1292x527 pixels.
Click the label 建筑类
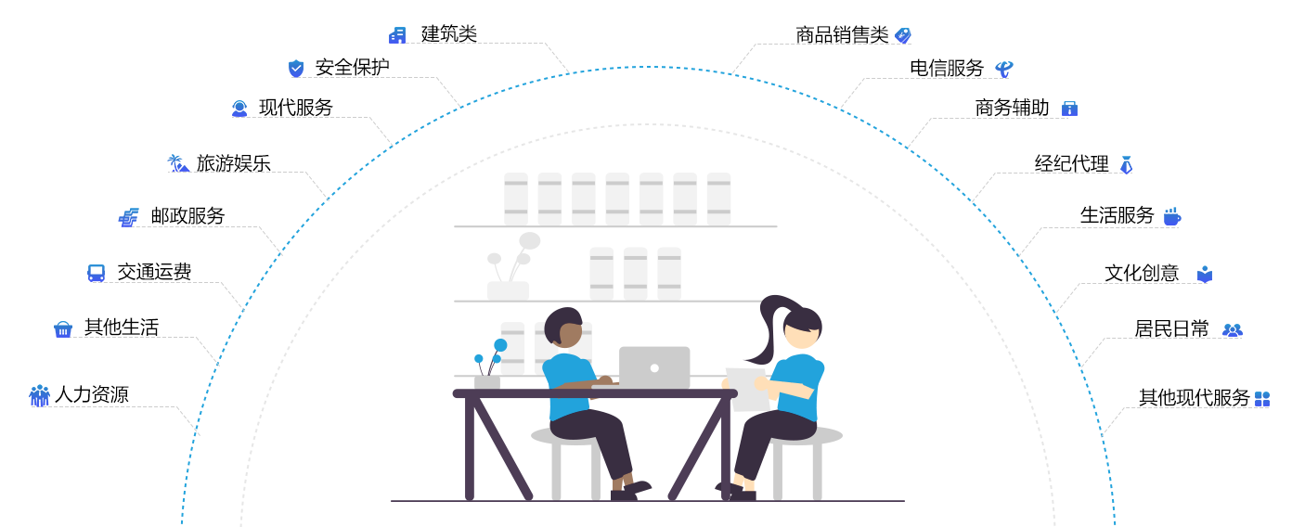449,34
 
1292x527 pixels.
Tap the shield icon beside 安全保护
296,68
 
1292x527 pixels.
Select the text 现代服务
295,108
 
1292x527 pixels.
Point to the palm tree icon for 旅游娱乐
176,163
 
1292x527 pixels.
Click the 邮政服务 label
187,216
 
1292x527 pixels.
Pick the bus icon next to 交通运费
97,273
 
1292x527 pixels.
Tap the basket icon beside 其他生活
63,328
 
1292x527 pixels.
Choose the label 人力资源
91,395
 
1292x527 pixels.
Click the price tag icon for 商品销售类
902,35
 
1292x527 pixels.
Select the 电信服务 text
947,68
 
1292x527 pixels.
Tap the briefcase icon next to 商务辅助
1069,109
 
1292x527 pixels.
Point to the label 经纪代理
1072,164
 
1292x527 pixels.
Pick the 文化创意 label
1142,273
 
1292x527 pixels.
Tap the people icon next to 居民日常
1232,329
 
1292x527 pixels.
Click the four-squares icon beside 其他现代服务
1262,399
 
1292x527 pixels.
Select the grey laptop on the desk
654,367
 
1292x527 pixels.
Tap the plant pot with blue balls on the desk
487,379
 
